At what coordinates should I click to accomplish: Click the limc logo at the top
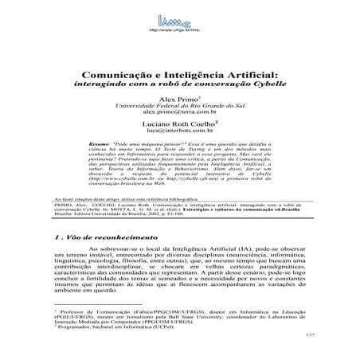[179, 15]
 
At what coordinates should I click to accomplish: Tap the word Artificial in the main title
[237, 72]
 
